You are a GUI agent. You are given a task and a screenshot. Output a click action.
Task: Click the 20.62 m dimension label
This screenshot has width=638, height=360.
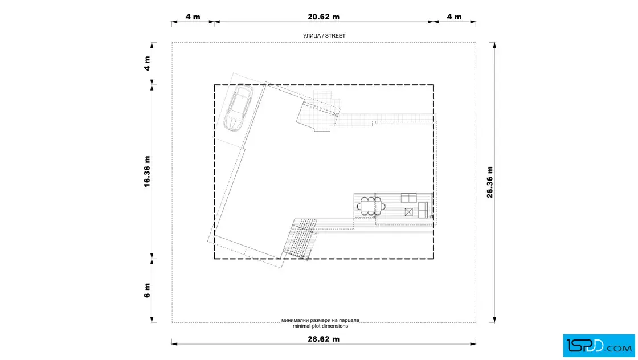point(324,17)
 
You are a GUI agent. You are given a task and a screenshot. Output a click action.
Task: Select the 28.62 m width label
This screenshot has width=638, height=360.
point(324,339)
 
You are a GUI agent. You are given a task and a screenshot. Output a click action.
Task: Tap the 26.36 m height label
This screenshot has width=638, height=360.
point(490,182)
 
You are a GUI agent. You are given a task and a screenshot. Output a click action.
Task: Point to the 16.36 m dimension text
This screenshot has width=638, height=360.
point(147,171)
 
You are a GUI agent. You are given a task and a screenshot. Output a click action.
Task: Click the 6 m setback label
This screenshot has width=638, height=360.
point(147,291)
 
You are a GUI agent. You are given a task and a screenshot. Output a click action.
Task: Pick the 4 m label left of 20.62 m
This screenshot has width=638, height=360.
point(193,17)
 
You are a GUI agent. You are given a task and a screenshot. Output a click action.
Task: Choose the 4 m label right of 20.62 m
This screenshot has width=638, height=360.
point(454,17)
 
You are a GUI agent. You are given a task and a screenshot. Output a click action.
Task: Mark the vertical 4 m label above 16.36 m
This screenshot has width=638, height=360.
point(147,63)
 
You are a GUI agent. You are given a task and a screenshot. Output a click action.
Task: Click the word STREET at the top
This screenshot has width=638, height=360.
point(336,36)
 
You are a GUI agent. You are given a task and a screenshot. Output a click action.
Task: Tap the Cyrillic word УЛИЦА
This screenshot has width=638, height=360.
point(312,36)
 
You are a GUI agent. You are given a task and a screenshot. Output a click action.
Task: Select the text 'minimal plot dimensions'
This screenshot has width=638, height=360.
point(320,326)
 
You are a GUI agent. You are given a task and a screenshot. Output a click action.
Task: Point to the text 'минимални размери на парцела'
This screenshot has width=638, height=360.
point(320,320)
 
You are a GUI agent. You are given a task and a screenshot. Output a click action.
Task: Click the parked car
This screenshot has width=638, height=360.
point(239,108)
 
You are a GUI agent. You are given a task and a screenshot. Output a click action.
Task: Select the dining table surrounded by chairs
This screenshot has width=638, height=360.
point(371,206)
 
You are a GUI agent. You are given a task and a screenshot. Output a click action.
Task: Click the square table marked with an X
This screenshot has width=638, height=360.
point(409,212)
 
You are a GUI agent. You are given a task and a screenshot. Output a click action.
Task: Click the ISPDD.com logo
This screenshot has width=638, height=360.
point(599,346)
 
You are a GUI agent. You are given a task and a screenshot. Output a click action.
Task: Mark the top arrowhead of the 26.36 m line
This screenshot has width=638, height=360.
point(494,45)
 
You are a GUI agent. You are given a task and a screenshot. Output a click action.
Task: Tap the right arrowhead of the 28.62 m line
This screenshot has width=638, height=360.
point(473,344)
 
